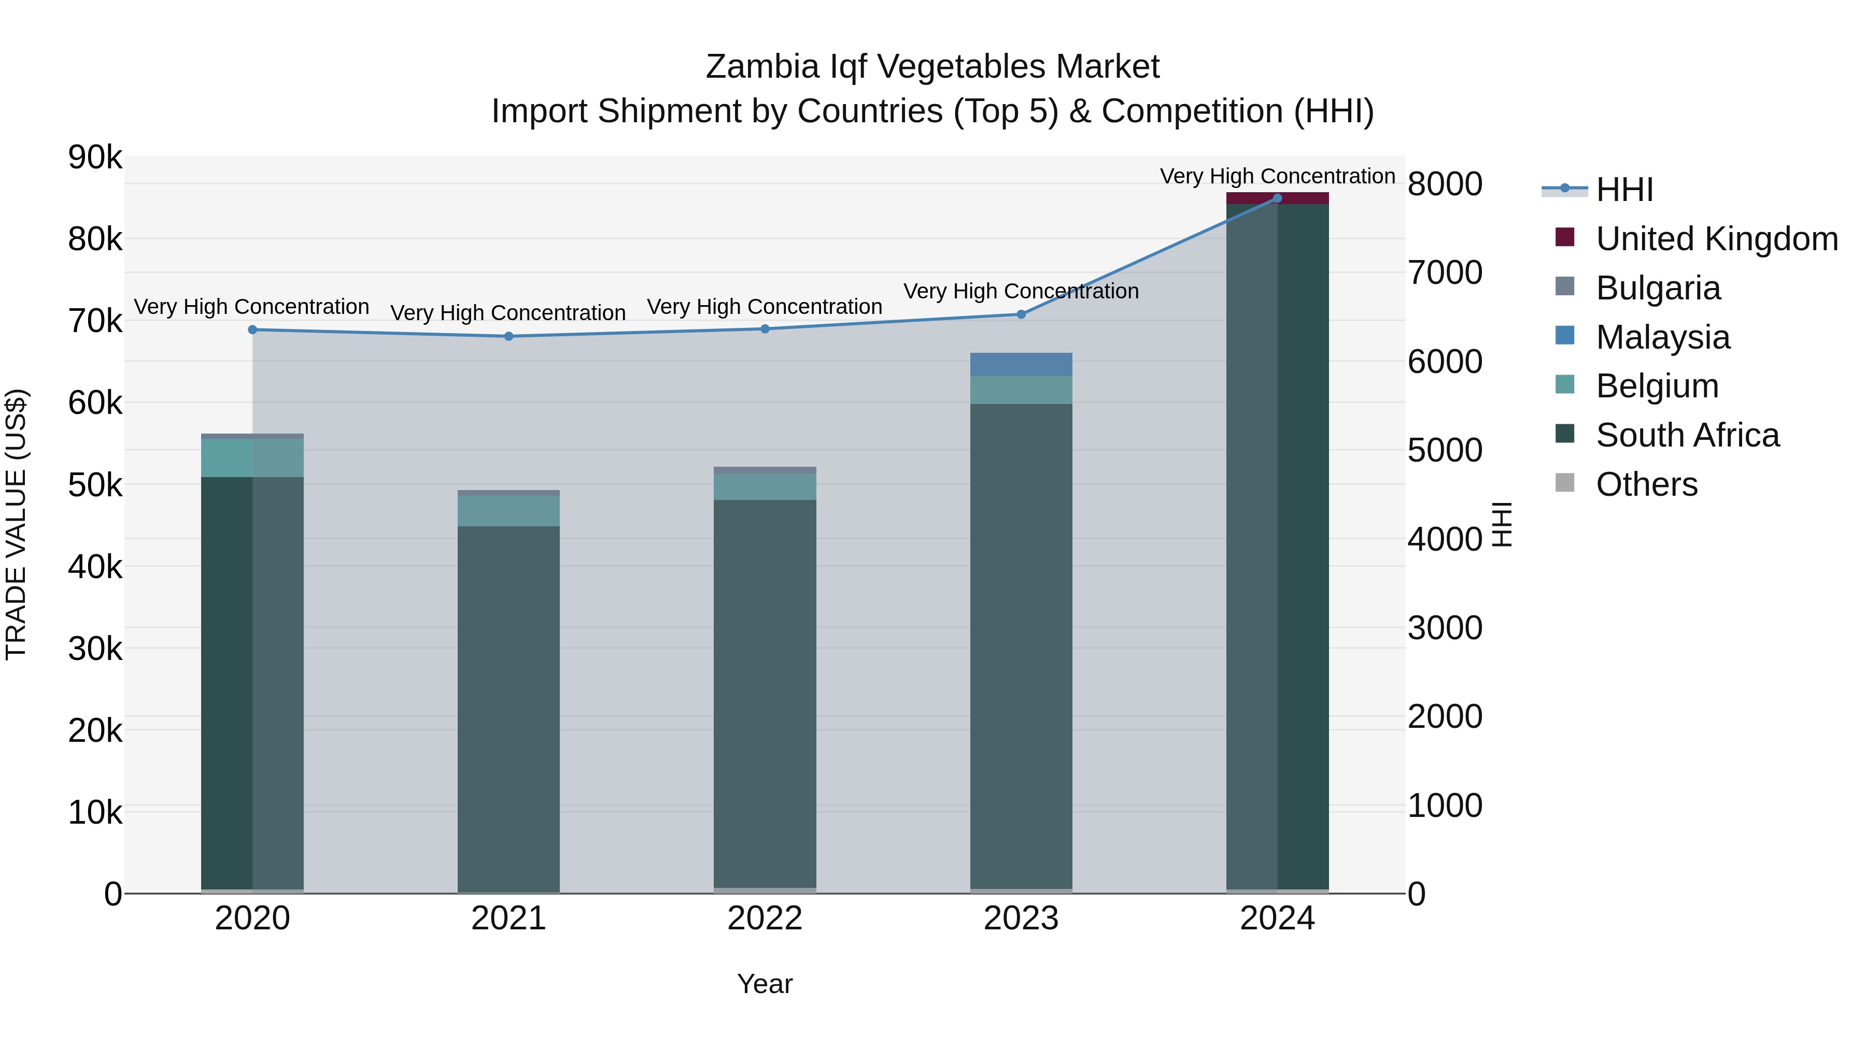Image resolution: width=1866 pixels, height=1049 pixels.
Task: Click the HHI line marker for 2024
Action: pos(1277,198)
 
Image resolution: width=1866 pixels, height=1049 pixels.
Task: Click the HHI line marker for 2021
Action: pos(508,336)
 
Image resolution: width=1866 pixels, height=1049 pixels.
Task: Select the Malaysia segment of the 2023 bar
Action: pos(1021,365)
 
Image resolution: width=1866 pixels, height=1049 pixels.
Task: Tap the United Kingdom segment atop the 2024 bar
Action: pos(1277,198)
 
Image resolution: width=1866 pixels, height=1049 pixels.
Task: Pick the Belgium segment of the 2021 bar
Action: pos(508,511)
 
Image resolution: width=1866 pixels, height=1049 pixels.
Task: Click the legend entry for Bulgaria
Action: pos(1658,288)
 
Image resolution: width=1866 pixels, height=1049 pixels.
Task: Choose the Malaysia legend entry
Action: pos(1662,337)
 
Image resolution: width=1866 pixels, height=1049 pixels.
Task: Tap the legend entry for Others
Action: pos(1646,484)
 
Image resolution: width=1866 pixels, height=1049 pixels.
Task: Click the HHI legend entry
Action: pos(1623,190)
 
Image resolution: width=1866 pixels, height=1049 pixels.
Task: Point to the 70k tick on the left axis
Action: pos(95,321)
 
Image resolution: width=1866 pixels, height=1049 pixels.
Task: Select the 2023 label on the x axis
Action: pos(1021,918)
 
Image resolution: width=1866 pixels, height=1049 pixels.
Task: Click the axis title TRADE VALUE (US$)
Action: pos(16,524)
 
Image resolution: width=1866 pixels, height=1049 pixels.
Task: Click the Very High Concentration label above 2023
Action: pos(1021,291)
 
